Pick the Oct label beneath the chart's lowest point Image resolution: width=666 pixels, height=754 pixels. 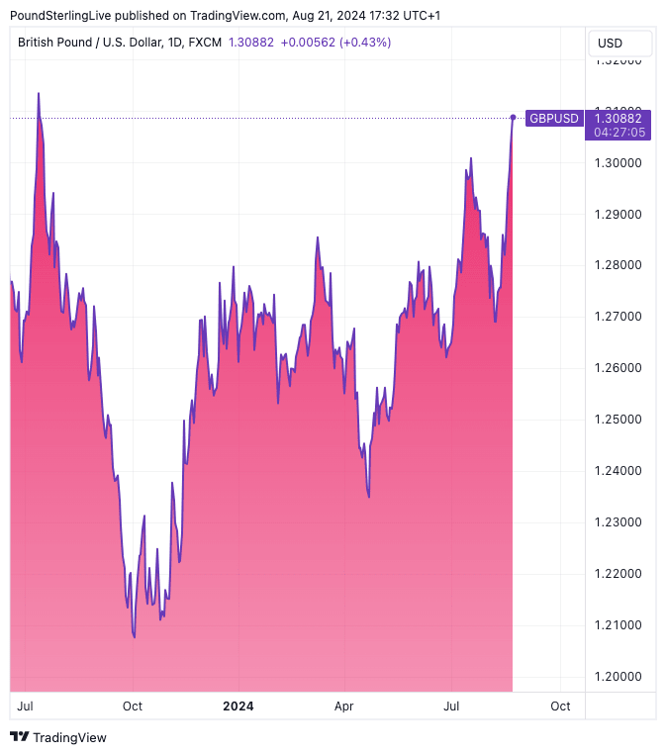(132, 707)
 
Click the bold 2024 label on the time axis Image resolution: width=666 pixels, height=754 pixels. (238, 707)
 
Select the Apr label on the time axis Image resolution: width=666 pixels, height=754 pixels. (344, 707)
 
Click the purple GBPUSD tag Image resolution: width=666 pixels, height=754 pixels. (553, 118)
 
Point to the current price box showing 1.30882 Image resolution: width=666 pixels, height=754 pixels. (618, 118)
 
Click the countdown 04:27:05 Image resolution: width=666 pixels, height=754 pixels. (618, 132)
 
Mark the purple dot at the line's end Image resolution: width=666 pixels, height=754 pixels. (513, 118)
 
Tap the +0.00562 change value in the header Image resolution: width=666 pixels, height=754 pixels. (308, 43)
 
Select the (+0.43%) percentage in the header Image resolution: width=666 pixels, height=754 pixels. (364, 43)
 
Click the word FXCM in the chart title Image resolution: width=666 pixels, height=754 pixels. (205, 43)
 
